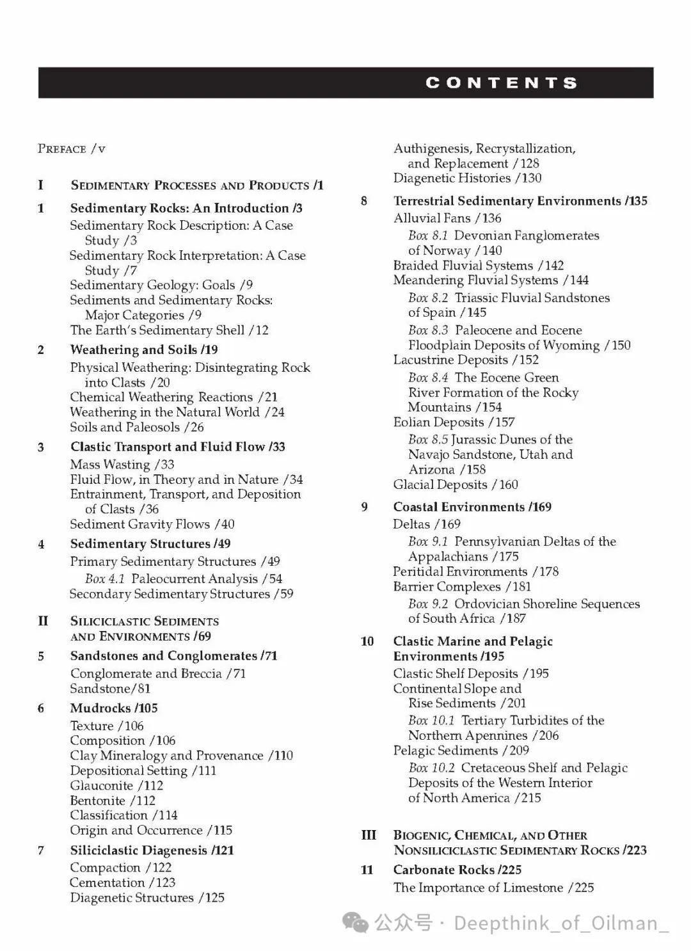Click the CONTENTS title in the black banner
pos(502,83)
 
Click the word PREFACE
pos(62,149)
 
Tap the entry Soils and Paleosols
pos(125,427)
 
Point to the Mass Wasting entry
pos(110,465)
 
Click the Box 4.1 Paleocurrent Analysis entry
pos(183,579)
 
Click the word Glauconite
pos(102,785)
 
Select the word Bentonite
pos(98,801)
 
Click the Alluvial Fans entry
pos(432,218)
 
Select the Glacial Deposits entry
pos(441,484)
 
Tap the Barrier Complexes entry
pos(447,586)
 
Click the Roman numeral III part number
pos(369,835)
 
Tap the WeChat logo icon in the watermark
pos(356,922)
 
